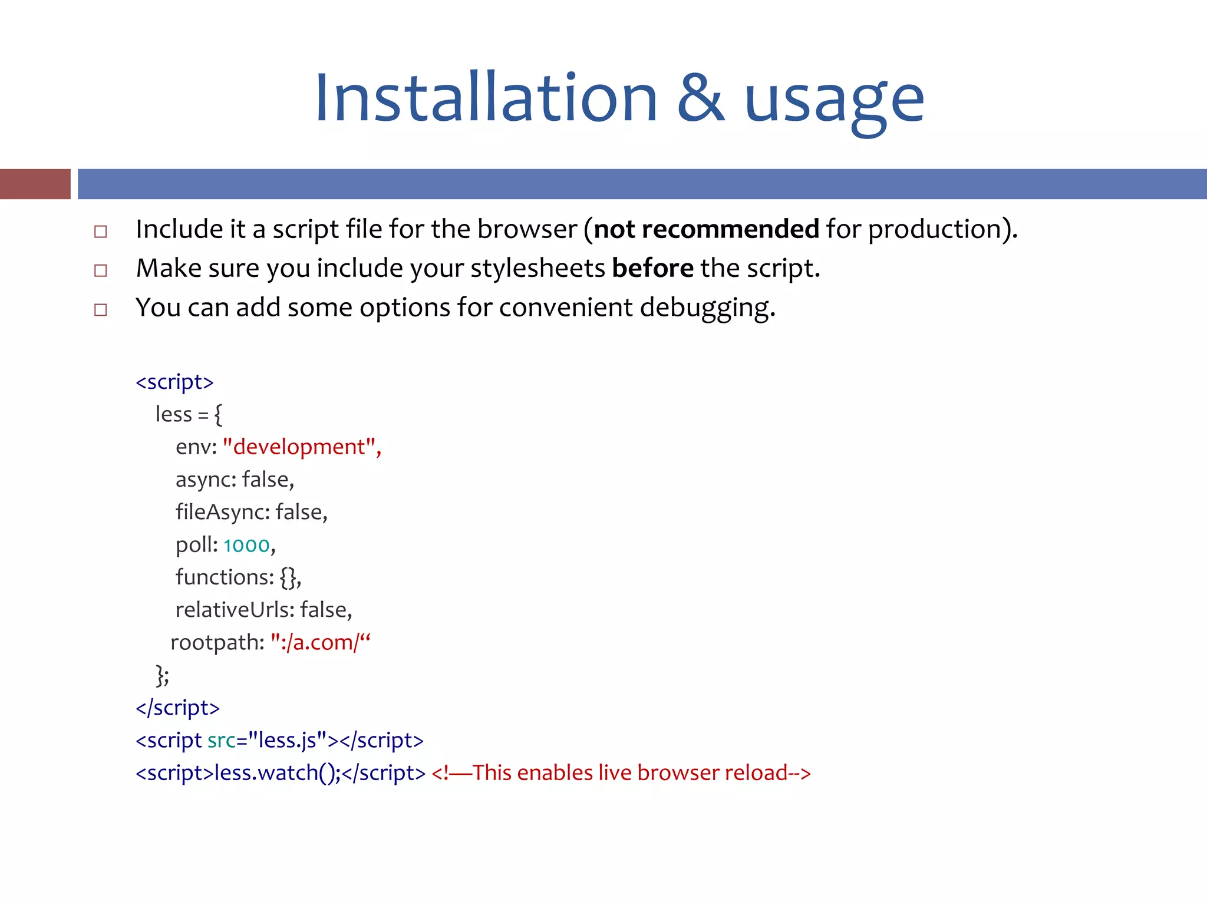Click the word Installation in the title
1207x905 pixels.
click(486, 98)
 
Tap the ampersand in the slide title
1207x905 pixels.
click(701, 99)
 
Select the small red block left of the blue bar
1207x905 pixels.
click(35, 184)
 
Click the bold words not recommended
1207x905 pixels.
click(706, 229)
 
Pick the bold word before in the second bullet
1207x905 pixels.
click(652, 269)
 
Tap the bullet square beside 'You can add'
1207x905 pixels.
click(101, 309)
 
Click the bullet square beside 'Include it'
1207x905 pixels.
click(101, 231)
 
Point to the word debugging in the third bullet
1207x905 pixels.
click(707, 308)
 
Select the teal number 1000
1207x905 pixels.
click(246, 545)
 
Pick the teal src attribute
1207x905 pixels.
click(221, 740)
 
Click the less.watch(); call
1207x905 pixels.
click(277, 772)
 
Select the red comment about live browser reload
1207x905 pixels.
click(621, 772)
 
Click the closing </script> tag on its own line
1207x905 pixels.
click(177, 708)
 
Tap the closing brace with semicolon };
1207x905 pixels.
click(162, 675)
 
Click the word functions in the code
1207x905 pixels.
click(225, 577)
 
